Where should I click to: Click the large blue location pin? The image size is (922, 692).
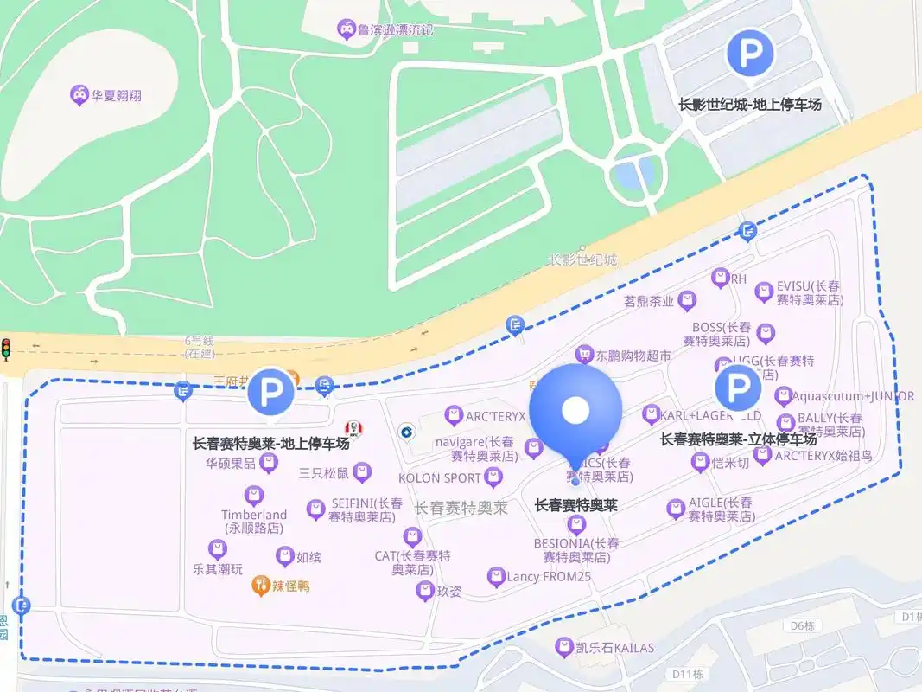575,412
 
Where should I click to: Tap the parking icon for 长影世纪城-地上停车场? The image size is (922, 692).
749,54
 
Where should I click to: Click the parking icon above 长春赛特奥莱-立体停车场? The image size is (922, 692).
738,388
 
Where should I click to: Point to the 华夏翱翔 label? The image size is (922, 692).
117,95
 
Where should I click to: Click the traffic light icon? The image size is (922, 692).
6,349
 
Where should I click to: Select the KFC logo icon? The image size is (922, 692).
352,428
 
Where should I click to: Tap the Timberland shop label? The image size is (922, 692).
253,521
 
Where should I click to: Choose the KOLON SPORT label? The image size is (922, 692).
439,477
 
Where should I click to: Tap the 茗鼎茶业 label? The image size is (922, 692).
648,302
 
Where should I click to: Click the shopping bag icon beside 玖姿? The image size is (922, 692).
424,592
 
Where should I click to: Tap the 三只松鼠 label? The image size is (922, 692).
323,473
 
